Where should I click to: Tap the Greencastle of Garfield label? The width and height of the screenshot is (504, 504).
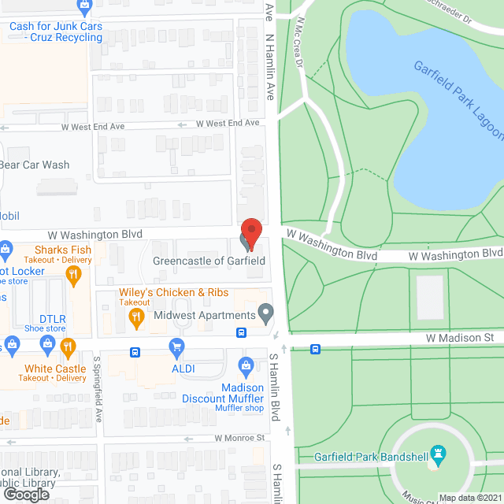(x=209, y=261)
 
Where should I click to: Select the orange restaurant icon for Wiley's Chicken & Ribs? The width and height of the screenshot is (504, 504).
(x=135, y=317)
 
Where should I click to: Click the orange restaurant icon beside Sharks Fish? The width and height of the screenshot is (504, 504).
(x=74, y=274)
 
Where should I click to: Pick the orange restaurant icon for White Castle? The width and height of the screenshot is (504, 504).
(x=68, y=346)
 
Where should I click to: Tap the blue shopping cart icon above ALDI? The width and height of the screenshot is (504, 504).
(x=176, y=346)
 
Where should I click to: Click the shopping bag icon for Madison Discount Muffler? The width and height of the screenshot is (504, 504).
(x=246, y=365)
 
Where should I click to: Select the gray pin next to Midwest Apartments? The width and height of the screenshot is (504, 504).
(x=266, y=314)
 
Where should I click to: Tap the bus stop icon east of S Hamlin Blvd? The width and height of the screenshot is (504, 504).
(x=315, y=349)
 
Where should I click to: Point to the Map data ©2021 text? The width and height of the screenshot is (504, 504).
(x=470, y=497)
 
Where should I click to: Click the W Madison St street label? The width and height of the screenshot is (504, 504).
(x=459, y=337)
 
